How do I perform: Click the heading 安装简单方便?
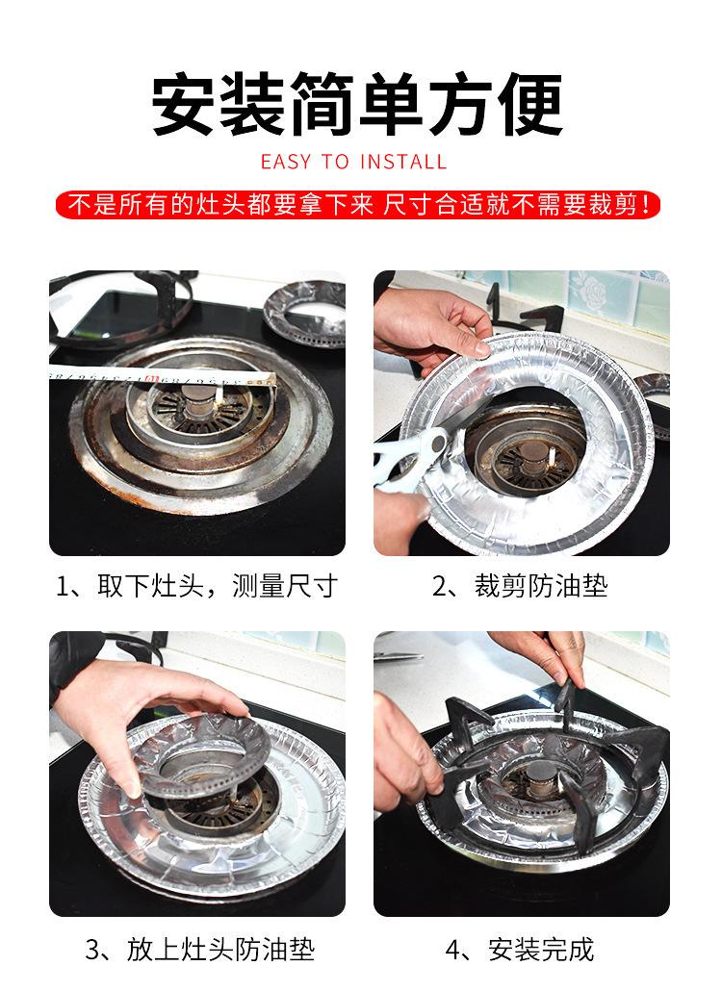point(358,103)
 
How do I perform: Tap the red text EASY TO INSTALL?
point(353,162)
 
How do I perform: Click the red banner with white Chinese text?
point(358,205)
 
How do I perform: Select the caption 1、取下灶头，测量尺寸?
point(196,586)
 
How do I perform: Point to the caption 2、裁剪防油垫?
point(520,586)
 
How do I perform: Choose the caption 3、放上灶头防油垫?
point(200,950)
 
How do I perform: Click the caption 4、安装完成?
point(520,950)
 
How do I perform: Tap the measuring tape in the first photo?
point(163,376)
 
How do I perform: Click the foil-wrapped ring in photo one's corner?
point(306,314)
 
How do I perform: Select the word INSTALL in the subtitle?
point(403,162)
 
